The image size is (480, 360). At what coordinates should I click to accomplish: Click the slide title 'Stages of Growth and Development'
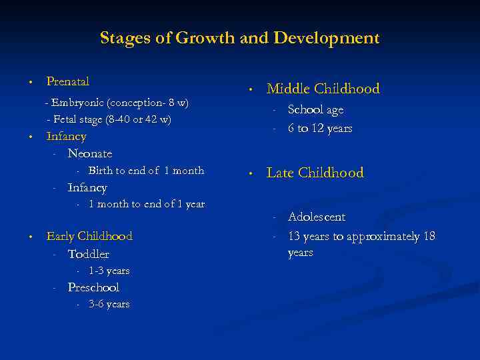pos(239,38)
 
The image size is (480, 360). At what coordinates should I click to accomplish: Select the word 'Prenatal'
pos(67,81)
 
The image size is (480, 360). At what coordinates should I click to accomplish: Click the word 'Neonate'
pos(89,153)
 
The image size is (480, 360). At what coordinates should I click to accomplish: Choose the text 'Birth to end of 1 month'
pos(146,170)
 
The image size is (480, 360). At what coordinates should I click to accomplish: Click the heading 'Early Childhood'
pos(89,236)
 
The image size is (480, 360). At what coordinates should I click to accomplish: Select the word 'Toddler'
pos(88,254)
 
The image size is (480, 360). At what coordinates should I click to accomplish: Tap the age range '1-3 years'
pos(109,271)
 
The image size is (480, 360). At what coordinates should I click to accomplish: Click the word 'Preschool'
pos(93,287)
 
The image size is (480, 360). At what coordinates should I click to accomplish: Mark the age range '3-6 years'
pos(109,304)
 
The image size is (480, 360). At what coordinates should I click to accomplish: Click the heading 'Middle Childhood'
pos(323,89)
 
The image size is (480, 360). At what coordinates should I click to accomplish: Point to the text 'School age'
pos(315,110)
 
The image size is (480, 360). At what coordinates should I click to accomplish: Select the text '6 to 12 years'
pos(320,128)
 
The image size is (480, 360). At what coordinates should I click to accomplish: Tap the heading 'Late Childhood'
pos(315,173)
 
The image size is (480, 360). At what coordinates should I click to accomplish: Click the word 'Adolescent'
pos(317,217)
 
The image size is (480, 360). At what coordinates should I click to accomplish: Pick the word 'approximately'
pos(382,236)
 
